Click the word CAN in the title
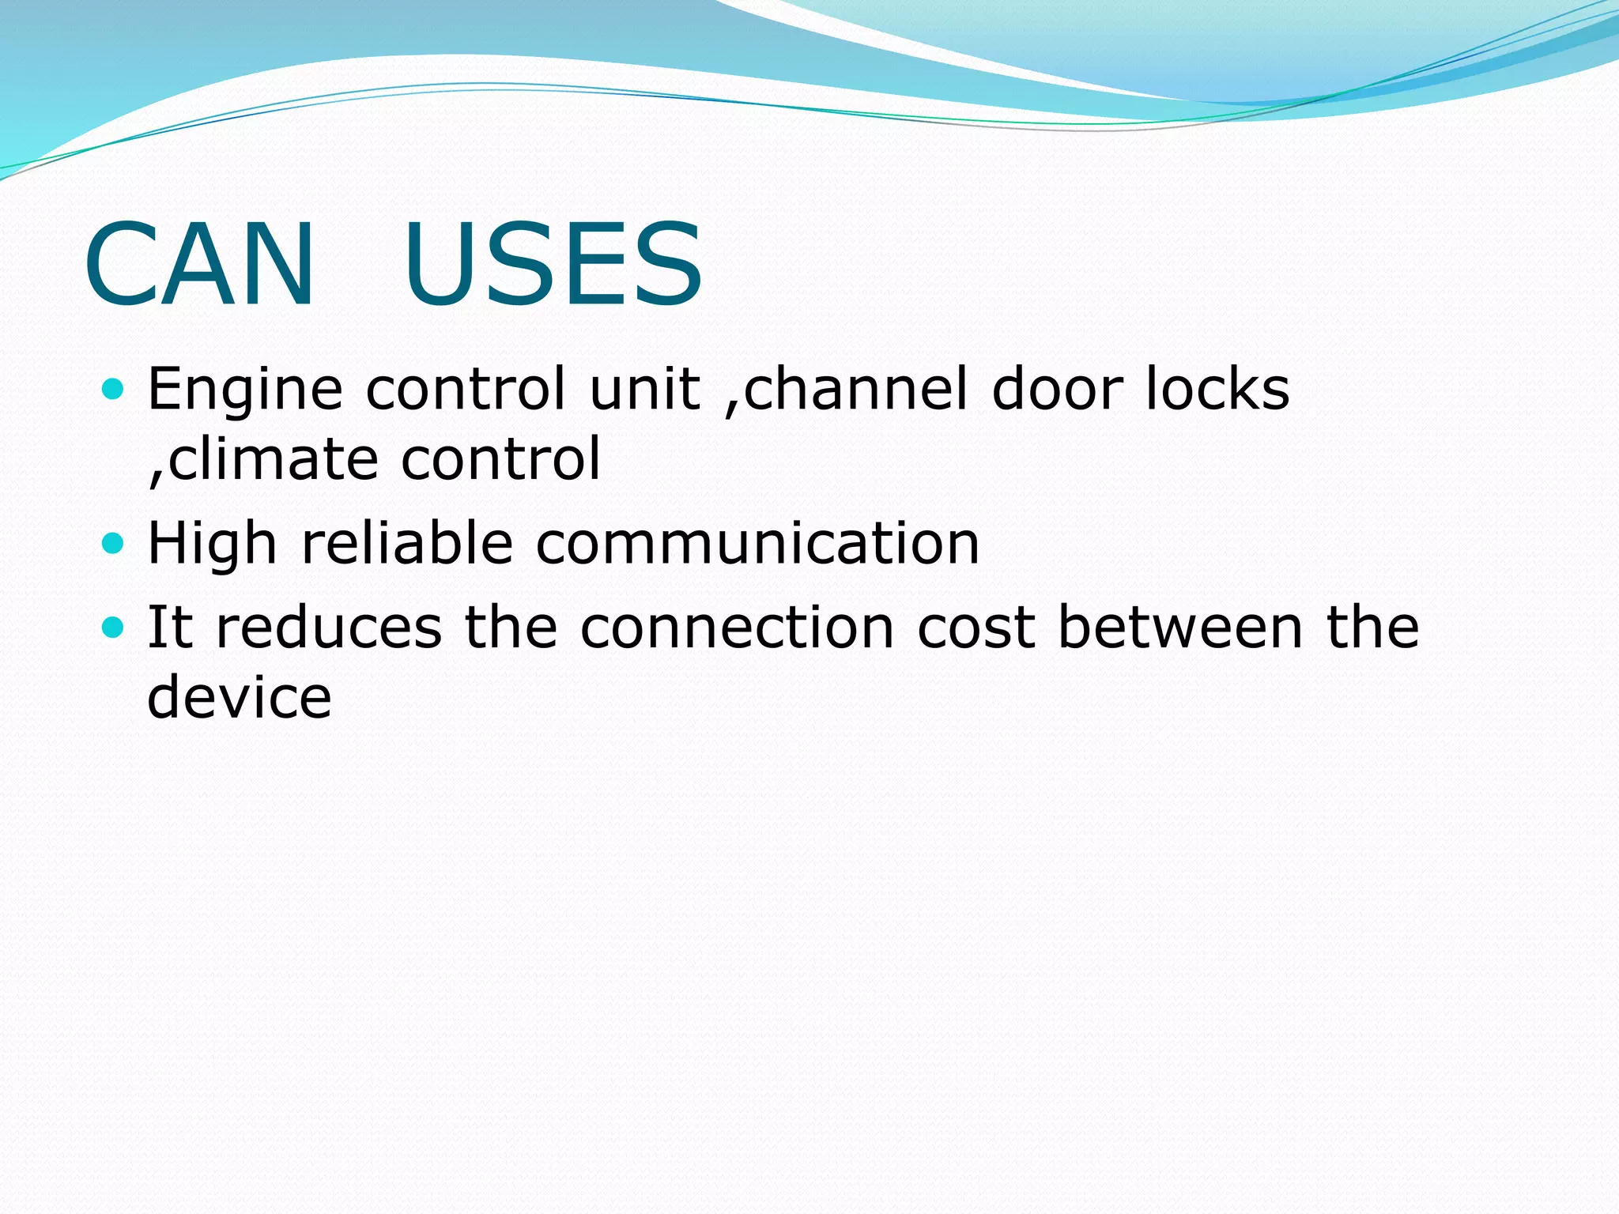(200, 264)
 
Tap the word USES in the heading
(553, 264)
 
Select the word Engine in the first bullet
(245, 390)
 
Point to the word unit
(645, 389)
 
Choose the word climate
(274, 459)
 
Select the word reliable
(407, 544)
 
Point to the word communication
(757, 544)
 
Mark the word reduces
(328, 628)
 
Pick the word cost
(976, 628)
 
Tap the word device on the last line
(240, 697)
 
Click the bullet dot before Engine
(114, 389)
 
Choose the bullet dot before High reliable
(114, 544)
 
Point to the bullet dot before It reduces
(114, 628)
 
